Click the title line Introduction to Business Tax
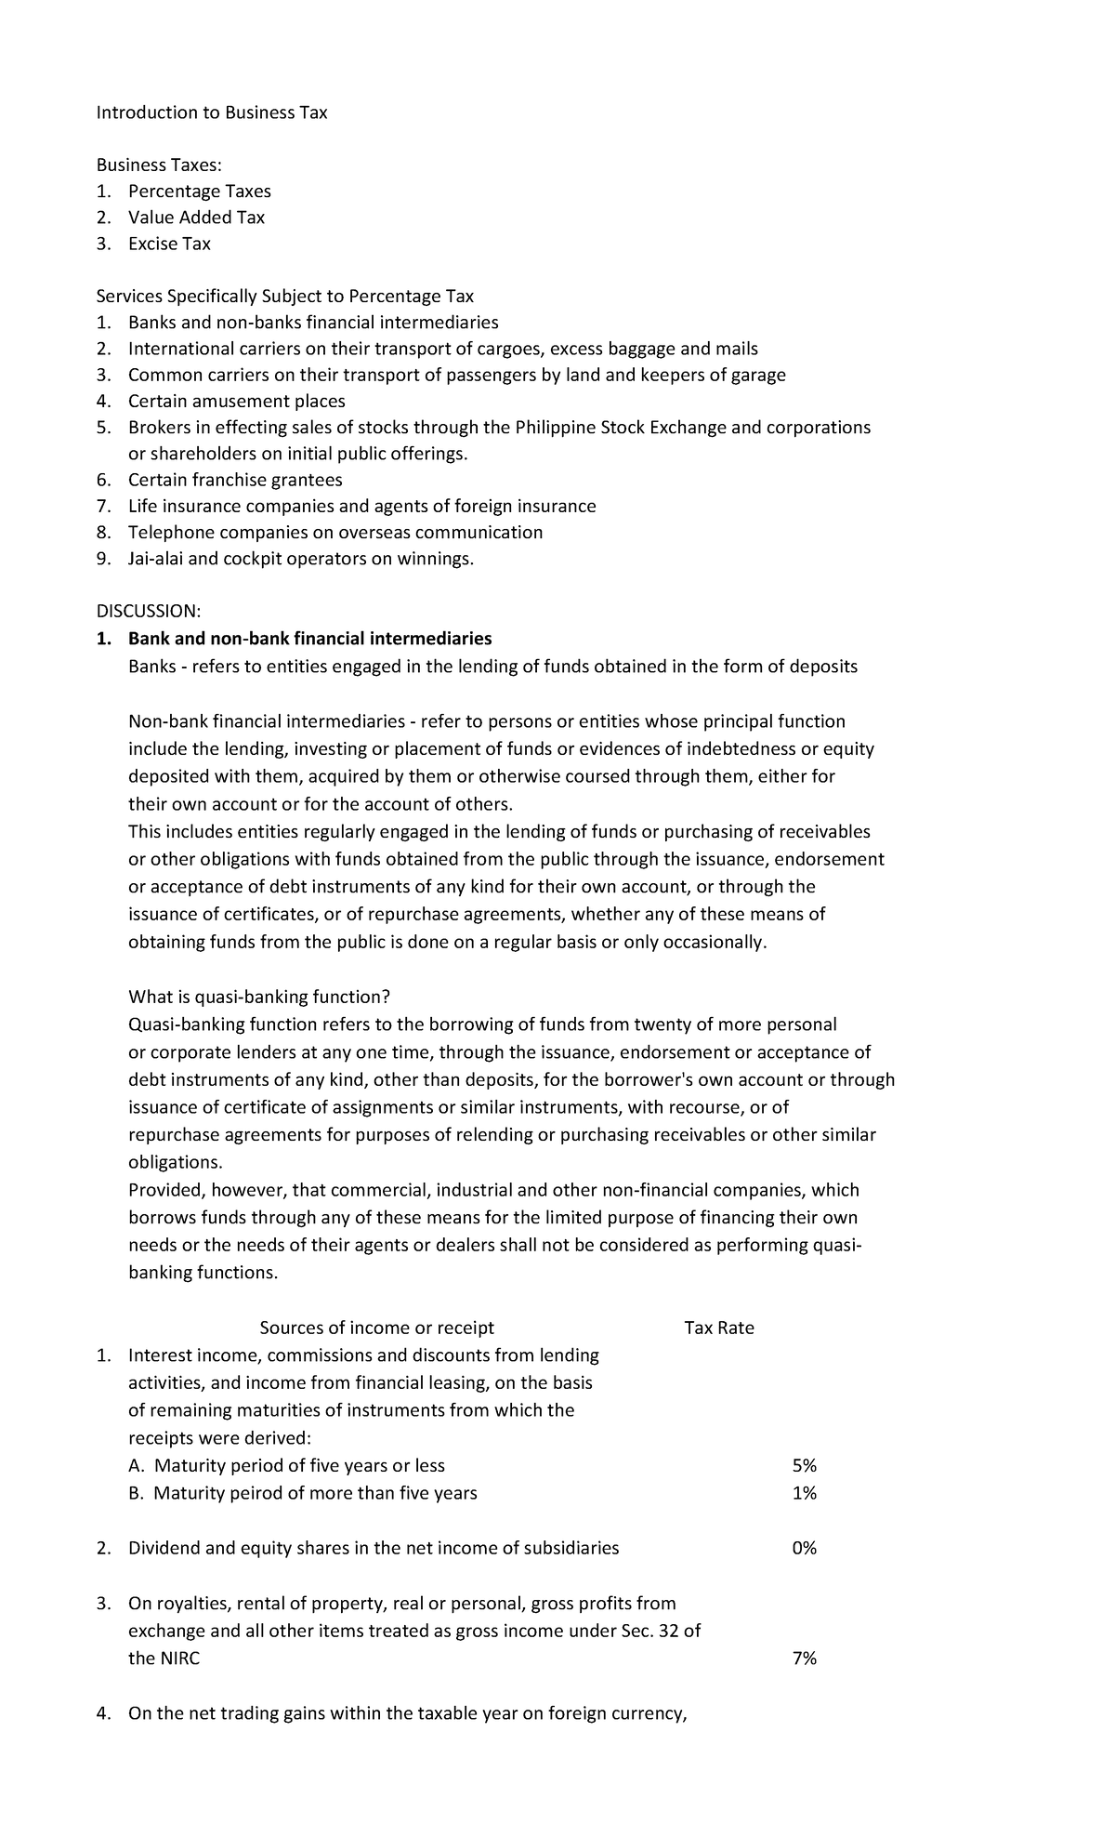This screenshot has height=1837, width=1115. [212, 112]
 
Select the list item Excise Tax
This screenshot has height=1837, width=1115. [169, 244]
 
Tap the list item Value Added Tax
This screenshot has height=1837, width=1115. [196, 218]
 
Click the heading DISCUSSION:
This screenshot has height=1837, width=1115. [148, 611]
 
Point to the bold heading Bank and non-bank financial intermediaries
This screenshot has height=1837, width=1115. [309, 639]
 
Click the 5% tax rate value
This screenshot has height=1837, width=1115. [804, 1465]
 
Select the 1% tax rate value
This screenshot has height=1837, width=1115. [804, 1493]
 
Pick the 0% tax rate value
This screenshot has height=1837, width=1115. [804, 1548]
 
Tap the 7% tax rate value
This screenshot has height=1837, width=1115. [804, 1659]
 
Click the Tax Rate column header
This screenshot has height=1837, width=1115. [718, 1328]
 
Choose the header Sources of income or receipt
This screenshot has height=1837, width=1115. [376, 1328]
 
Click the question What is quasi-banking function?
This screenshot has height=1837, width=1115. [259, 997]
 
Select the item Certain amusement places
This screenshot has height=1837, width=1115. [236, 401]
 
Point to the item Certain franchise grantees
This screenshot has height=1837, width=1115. [235, 480]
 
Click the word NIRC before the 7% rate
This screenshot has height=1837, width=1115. [179, 1659]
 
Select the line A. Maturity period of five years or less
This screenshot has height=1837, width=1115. [286, 1465]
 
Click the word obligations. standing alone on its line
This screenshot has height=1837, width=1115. [175, 1163]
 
